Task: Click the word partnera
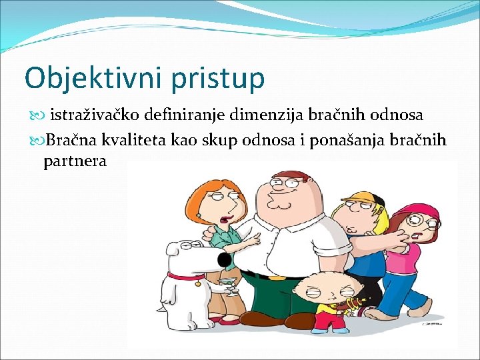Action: click(75, 161)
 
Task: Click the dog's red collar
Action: click(186, 276)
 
